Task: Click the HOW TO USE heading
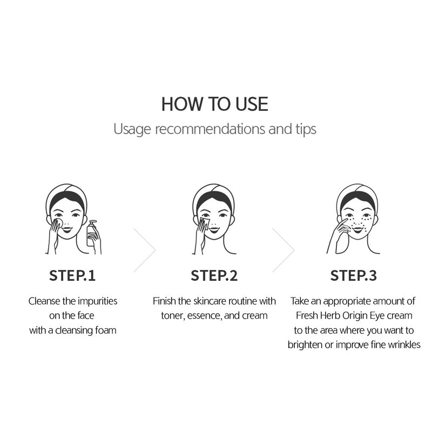[x=214, y=104]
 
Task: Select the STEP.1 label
[x=72, y=275]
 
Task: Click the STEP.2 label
[x=214, y=275]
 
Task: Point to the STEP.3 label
[x=354, y=275]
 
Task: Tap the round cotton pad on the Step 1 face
[x=59, y=222]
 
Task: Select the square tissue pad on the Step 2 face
[x=205, y=223]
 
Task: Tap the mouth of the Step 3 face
[x=358, y=229]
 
